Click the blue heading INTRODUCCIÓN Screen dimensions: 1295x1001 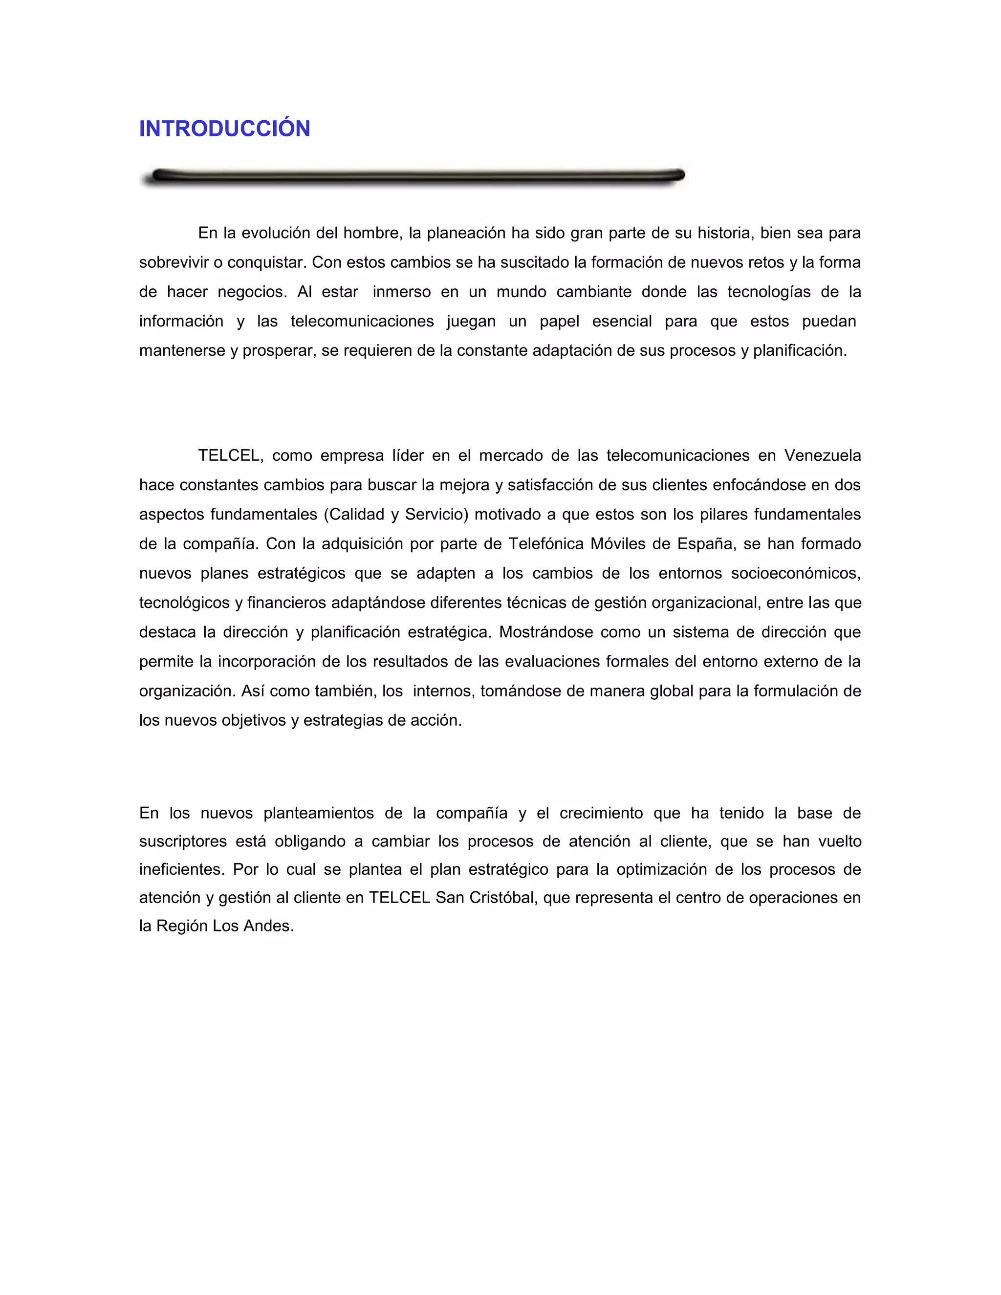coord(224,129)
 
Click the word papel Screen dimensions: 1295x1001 coord(559,322)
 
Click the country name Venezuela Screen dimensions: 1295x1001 coord(822,455)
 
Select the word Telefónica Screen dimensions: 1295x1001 coord(545,544)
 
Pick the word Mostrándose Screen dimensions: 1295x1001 coord(545,632)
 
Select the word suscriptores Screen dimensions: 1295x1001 coord(183,842)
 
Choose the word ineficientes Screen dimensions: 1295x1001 coord(181,870)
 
